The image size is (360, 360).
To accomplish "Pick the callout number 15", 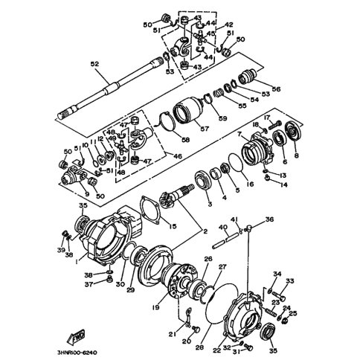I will pos(173,226).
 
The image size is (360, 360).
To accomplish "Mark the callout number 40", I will pos(222,228).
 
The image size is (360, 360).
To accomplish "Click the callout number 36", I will pos(270,219).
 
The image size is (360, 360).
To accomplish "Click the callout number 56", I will pos(276,90).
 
